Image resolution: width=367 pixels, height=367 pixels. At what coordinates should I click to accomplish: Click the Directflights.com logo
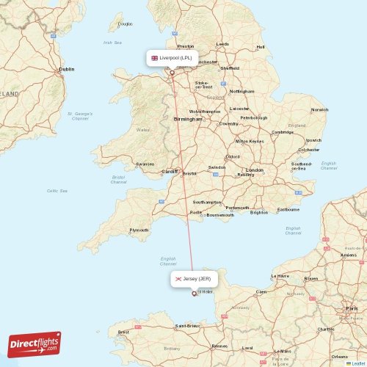tap(34, 344)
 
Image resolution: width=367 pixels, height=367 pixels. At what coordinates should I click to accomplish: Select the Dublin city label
tap(66, 69)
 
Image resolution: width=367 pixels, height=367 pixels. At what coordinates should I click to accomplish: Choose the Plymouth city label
tap(139, 230)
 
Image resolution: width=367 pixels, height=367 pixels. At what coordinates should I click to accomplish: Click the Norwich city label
tap(319, 110)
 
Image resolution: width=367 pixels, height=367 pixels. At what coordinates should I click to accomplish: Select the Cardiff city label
tap(170, 171)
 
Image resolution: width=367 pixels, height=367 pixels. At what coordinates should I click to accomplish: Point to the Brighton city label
tap(259, 212)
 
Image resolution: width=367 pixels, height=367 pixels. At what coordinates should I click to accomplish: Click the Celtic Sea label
tap(57, 191)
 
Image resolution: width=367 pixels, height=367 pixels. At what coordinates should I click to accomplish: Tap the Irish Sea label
tap(112, 43)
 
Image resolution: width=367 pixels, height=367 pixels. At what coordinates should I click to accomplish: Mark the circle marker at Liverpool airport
tap(172, 72)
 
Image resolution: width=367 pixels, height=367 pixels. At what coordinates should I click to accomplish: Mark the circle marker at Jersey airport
tap(194, 294)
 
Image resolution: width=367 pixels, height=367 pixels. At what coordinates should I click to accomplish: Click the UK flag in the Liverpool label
tap(154, 57)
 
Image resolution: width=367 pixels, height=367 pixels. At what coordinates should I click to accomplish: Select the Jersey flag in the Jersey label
tap(178, 279)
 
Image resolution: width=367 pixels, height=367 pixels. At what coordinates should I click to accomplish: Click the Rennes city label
tap(219, 345)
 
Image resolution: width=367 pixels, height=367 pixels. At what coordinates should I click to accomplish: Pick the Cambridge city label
tap(283, 132)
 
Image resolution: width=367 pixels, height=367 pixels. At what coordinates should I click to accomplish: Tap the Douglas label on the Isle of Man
tap(126, 24)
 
